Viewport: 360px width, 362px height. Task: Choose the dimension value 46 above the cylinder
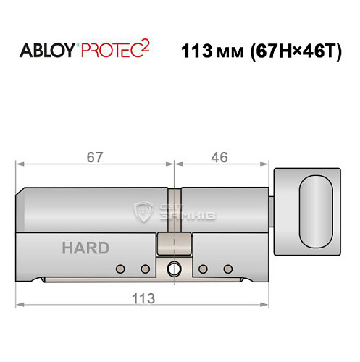pyautogui.click(x=222, y=157)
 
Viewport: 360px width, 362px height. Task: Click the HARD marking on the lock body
pyautogui.click(x=85, y=248)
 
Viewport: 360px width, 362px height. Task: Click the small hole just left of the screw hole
pyautogui.click(x=146, y=269)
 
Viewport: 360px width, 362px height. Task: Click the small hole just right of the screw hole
pyautogui.click(x=203, y=269)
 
